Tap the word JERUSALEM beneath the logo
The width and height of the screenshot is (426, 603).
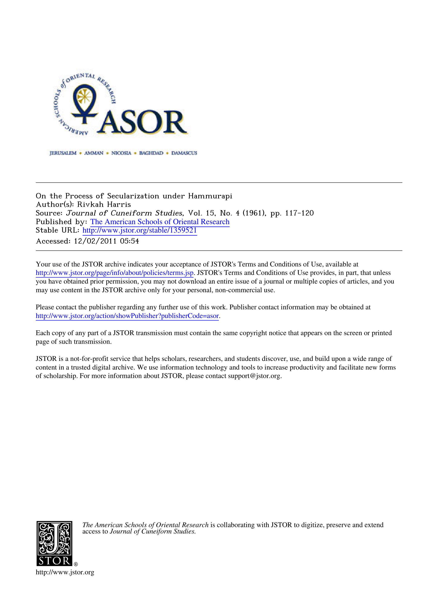click(x=63, y=153)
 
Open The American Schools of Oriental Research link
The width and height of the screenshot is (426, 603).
click(x=160, y=222)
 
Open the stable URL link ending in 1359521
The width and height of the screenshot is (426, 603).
click(x=140, y=230)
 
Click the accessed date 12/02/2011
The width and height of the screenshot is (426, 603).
click(x=95, y=241)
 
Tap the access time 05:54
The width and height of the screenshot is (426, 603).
click(x=129, y=241)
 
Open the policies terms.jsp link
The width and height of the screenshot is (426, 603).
click(x=115, y=273)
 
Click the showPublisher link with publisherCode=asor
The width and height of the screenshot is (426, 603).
click(x=127, y=316)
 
